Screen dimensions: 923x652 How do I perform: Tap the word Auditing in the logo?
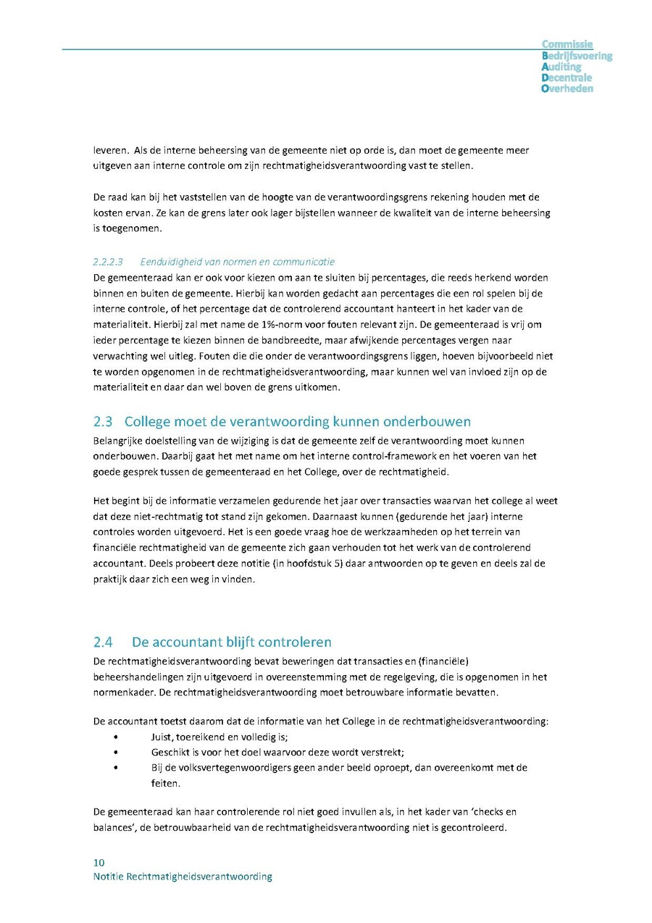pyautogui.click(x=561, y=67)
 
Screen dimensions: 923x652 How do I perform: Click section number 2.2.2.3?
pyautogui.click(x=108, y=262)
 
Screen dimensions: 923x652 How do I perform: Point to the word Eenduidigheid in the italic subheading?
pyautogui.click(x=169, y=262)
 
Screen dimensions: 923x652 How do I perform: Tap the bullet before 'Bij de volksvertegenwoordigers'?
pyautogui.click(x=116, y=768)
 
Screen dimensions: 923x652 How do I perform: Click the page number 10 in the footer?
pyautogui.click(x=99, y=863)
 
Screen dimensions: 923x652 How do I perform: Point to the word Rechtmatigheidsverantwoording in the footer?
pyautogui.click(x=199, y=877)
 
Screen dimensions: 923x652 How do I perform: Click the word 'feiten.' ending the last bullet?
pyautogui.click(x=165, y=784)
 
